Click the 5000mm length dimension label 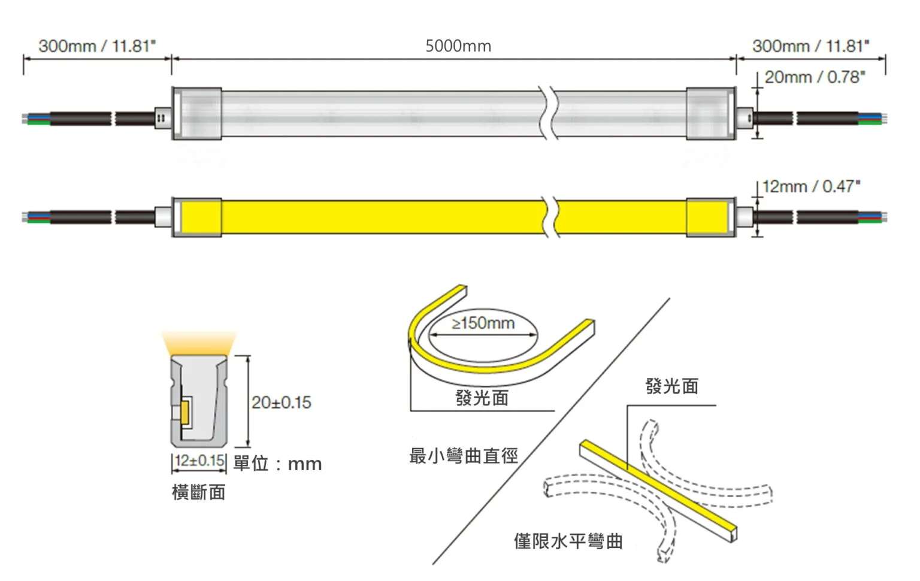(x=458, y=46)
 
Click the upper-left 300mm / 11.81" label (x=98, y=46)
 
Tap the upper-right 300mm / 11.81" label (x=811, y=46)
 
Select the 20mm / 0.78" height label (x=815, y=77)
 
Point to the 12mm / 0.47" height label (x=811, y=186)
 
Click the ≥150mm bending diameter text (x=483, y=323)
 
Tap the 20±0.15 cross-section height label (x=282, y=403)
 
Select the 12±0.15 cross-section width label (x=199, y=460)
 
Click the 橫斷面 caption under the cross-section (x=199, y=492)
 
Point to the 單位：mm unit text (x=278, y=464)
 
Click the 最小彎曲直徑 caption (x=464, y=456)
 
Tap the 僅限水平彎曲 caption (x=568, y=541)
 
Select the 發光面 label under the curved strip (x=482, y=398)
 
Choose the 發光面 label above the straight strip (x=672, y=386)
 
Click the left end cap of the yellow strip (x=196, y=217)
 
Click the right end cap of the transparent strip (x=711, y=113)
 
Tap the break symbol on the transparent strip (x=549, y=113)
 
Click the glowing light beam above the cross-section (x=199, y=343)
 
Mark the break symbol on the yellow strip (x=551, y=217)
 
